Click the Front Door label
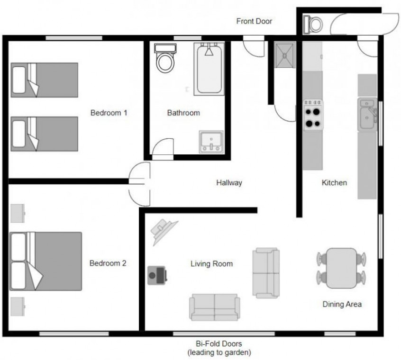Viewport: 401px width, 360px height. click(x=254, y=21)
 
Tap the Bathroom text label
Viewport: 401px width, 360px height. click(x=183, y=113)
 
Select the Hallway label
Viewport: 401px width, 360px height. click(x=229, y=183)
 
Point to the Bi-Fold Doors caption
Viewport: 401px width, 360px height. click(x=219, y=343)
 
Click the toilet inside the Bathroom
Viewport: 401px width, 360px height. click(x=165, y=58)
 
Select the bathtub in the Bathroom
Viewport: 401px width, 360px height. click(x=209, y=69)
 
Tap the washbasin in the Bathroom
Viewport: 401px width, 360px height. click(x=211, y=142)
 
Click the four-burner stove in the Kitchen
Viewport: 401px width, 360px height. click(x=313, y=115)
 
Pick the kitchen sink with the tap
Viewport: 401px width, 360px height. click(x=367, y=115)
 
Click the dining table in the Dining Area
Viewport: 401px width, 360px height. click(x=341, y=268)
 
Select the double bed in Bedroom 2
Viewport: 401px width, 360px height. click(x=46, y=261)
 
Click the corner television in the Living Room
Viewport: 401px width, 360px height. click(x=164, y=231)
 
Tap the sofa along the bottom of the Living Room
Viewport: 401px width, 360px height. click(x=215, y=307)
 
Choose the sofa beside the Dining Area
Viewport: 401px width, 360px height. click(x=266, y=273)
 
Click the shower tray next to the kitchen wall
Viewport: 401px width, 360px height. click(x=285, y=55)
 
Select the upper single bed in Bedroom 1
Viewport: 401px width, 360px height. click(x=44, y=80)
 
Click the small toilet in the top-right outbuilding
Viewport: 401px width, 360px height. click(x=313, y=25)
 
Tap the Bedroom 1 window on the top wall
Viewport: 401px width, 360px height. click(x=74, y=38)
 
